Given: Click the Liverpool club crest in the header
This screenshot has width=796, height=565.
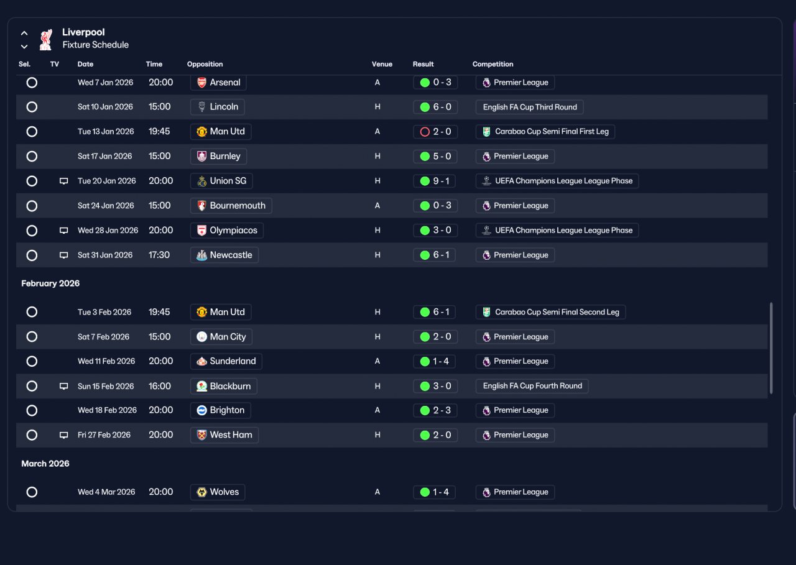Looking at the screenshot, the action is (46, 39).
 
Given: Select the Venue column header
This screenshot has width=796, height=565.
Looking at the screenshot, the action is (382, 64).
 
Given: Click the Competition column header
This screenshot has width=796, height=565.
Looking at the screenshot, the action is (493, 64).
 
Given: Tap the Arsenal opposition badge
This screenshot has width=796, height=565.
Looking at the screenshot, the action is (201, 83).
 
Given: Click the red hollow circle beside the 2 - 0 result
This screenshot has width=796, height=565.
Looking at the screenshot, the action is (425, 132).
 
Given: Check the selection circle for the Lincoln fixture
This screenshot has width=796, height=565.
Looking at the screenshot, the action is (32, 107).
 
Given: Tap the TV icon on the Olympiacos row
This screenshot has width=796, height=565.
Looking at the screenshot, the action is (63, 231).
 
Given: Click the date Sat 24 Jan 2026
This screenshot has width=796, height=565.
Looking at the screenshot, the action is (106, 206).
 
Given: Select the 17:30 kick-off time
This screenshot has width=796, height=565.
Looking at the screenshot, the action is (159, 255).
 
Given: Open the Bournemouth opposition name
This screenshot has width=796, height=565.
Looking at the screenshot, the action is (238, 206).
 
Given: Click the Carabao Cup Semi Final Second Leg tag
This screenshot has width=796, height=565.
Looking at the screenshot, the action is (550, 312).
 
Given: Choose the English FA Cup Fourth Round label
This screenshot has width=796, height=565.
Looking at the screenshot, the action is (532, 386).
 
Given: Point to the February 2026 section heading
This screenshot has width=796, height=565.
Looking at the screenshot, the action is (50, 283).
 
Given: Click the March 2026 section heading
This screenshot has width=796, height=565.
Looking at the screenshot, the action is (45, 464).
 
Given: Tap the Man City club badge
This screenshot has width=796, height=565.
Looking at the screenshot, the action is (201, 337).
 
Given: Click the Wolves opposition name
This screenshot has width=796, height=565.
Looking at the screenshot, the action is (224, 492).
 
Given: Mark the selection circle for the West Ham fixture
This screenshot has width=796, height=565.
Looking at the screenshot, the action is (32, 435).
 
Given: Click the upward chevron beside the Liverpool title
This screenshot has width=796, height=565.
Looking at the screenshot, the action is (24, 34).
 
